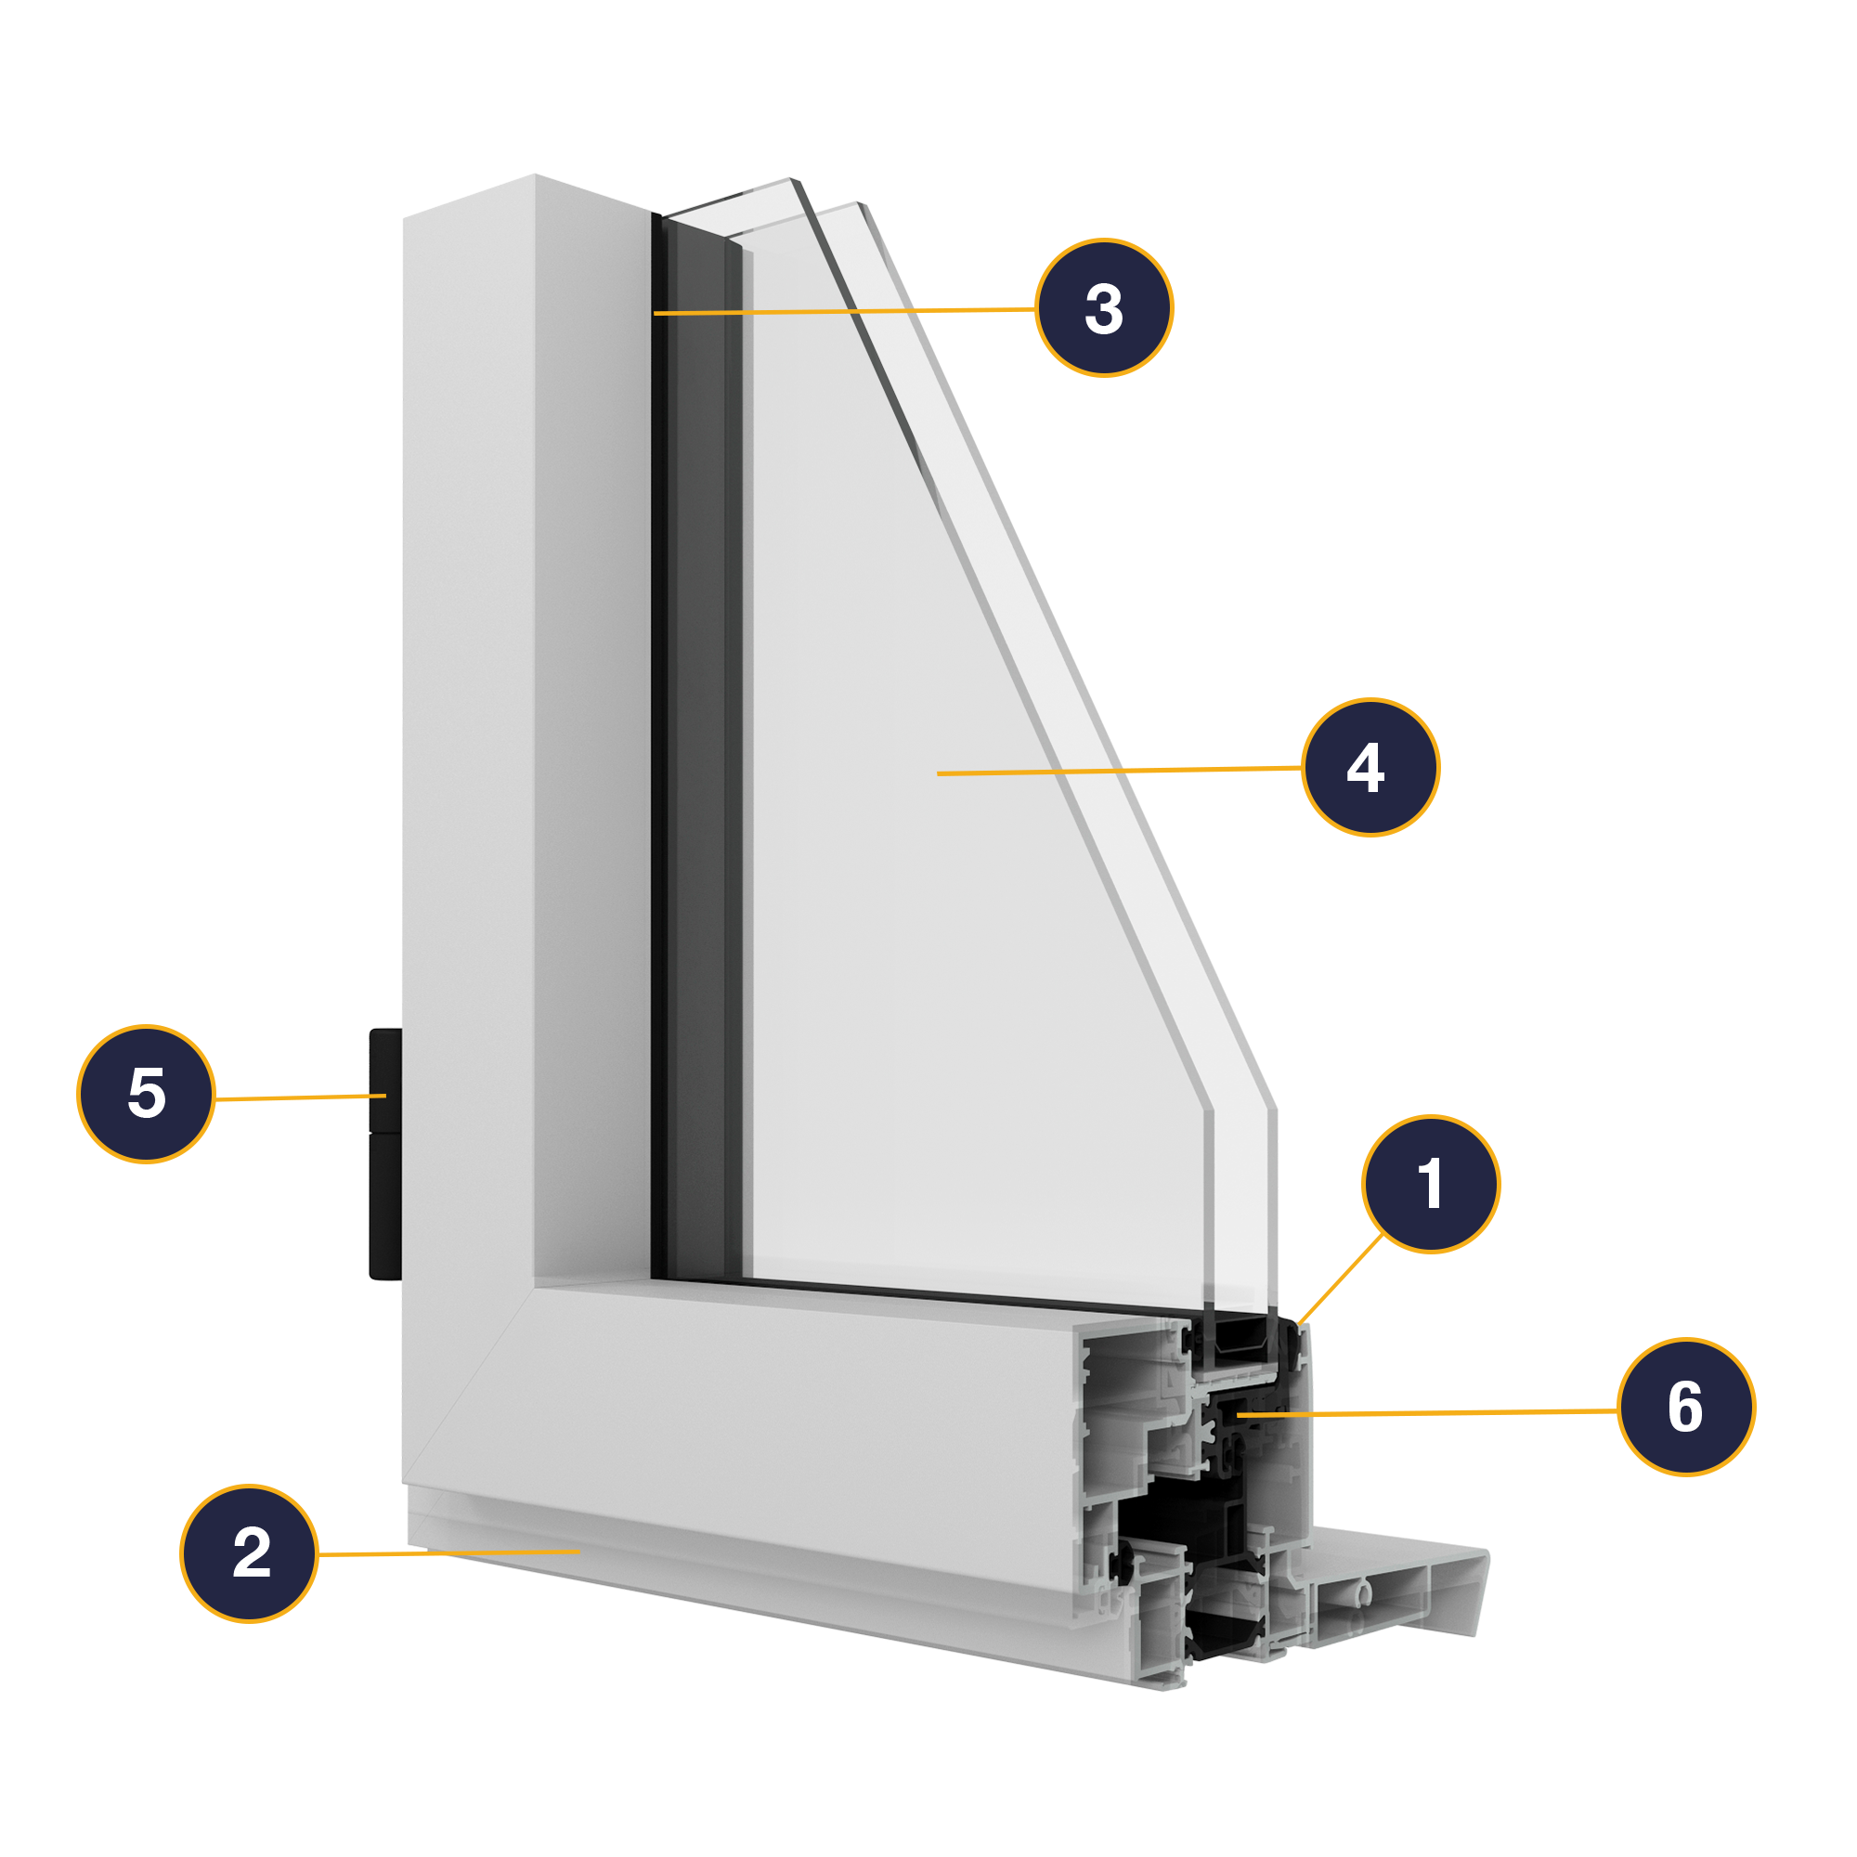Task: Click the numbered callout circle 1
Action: coord(1430,1184)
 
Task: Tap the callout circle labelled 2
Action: coord(249,1553)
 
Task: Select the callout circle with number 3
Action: coord(1103,307)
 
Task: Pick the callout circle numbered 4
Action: coord(1370,767)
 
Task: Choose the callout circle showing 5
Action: coord(146,1094)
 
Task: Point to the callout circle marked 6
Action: coord(1686,1408)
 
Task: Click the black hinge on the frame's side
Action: coord(384,1153)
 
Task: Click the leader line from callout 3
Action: coord(846,311)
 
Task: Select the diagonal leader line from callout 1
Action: coord(1340,1279)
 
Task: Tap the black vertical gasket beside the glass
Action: coord(659,749)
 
